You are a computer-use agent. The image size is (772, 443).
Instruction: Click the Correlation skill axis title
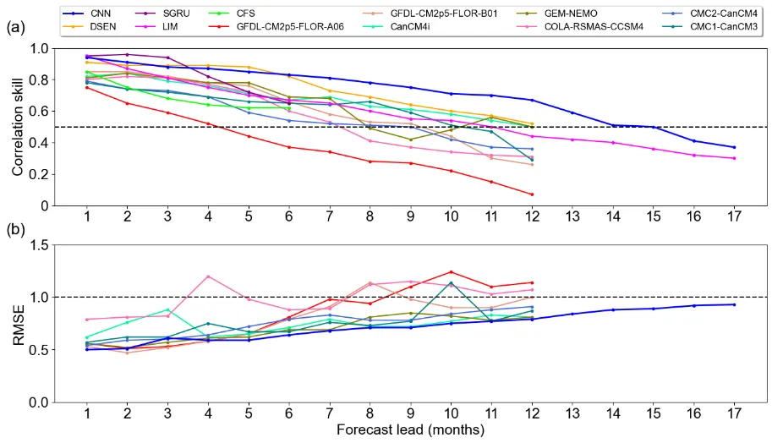(x=18, y=127)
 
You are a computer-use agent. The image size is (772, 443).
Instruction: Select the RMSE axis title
(x=18, y=323)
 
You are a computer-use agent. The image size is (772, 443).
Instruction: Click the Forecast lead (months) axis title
(x=410, y=430)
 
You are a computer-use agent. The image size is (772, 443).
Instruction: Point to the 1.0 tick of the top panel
(x=38, y=48)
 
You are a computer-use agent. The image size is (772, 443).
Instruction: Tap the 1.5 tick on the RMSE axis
(x=38, y=245)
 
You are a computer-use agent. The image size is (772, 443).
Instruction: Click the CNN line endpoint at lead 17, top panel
(x=733, y=147)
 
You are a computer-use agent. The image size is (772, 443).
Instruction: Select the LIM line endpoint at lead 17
(x=733, y=158)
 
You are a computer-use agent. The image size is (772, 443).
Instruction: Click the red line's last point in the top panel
(x=531, y=194)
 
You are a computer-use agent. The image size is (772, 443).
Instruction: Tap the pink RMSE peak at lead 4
(x=208, y=276)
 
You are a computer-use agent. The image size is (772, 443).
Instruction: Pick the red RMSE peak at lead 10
(x=451, y=272)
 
